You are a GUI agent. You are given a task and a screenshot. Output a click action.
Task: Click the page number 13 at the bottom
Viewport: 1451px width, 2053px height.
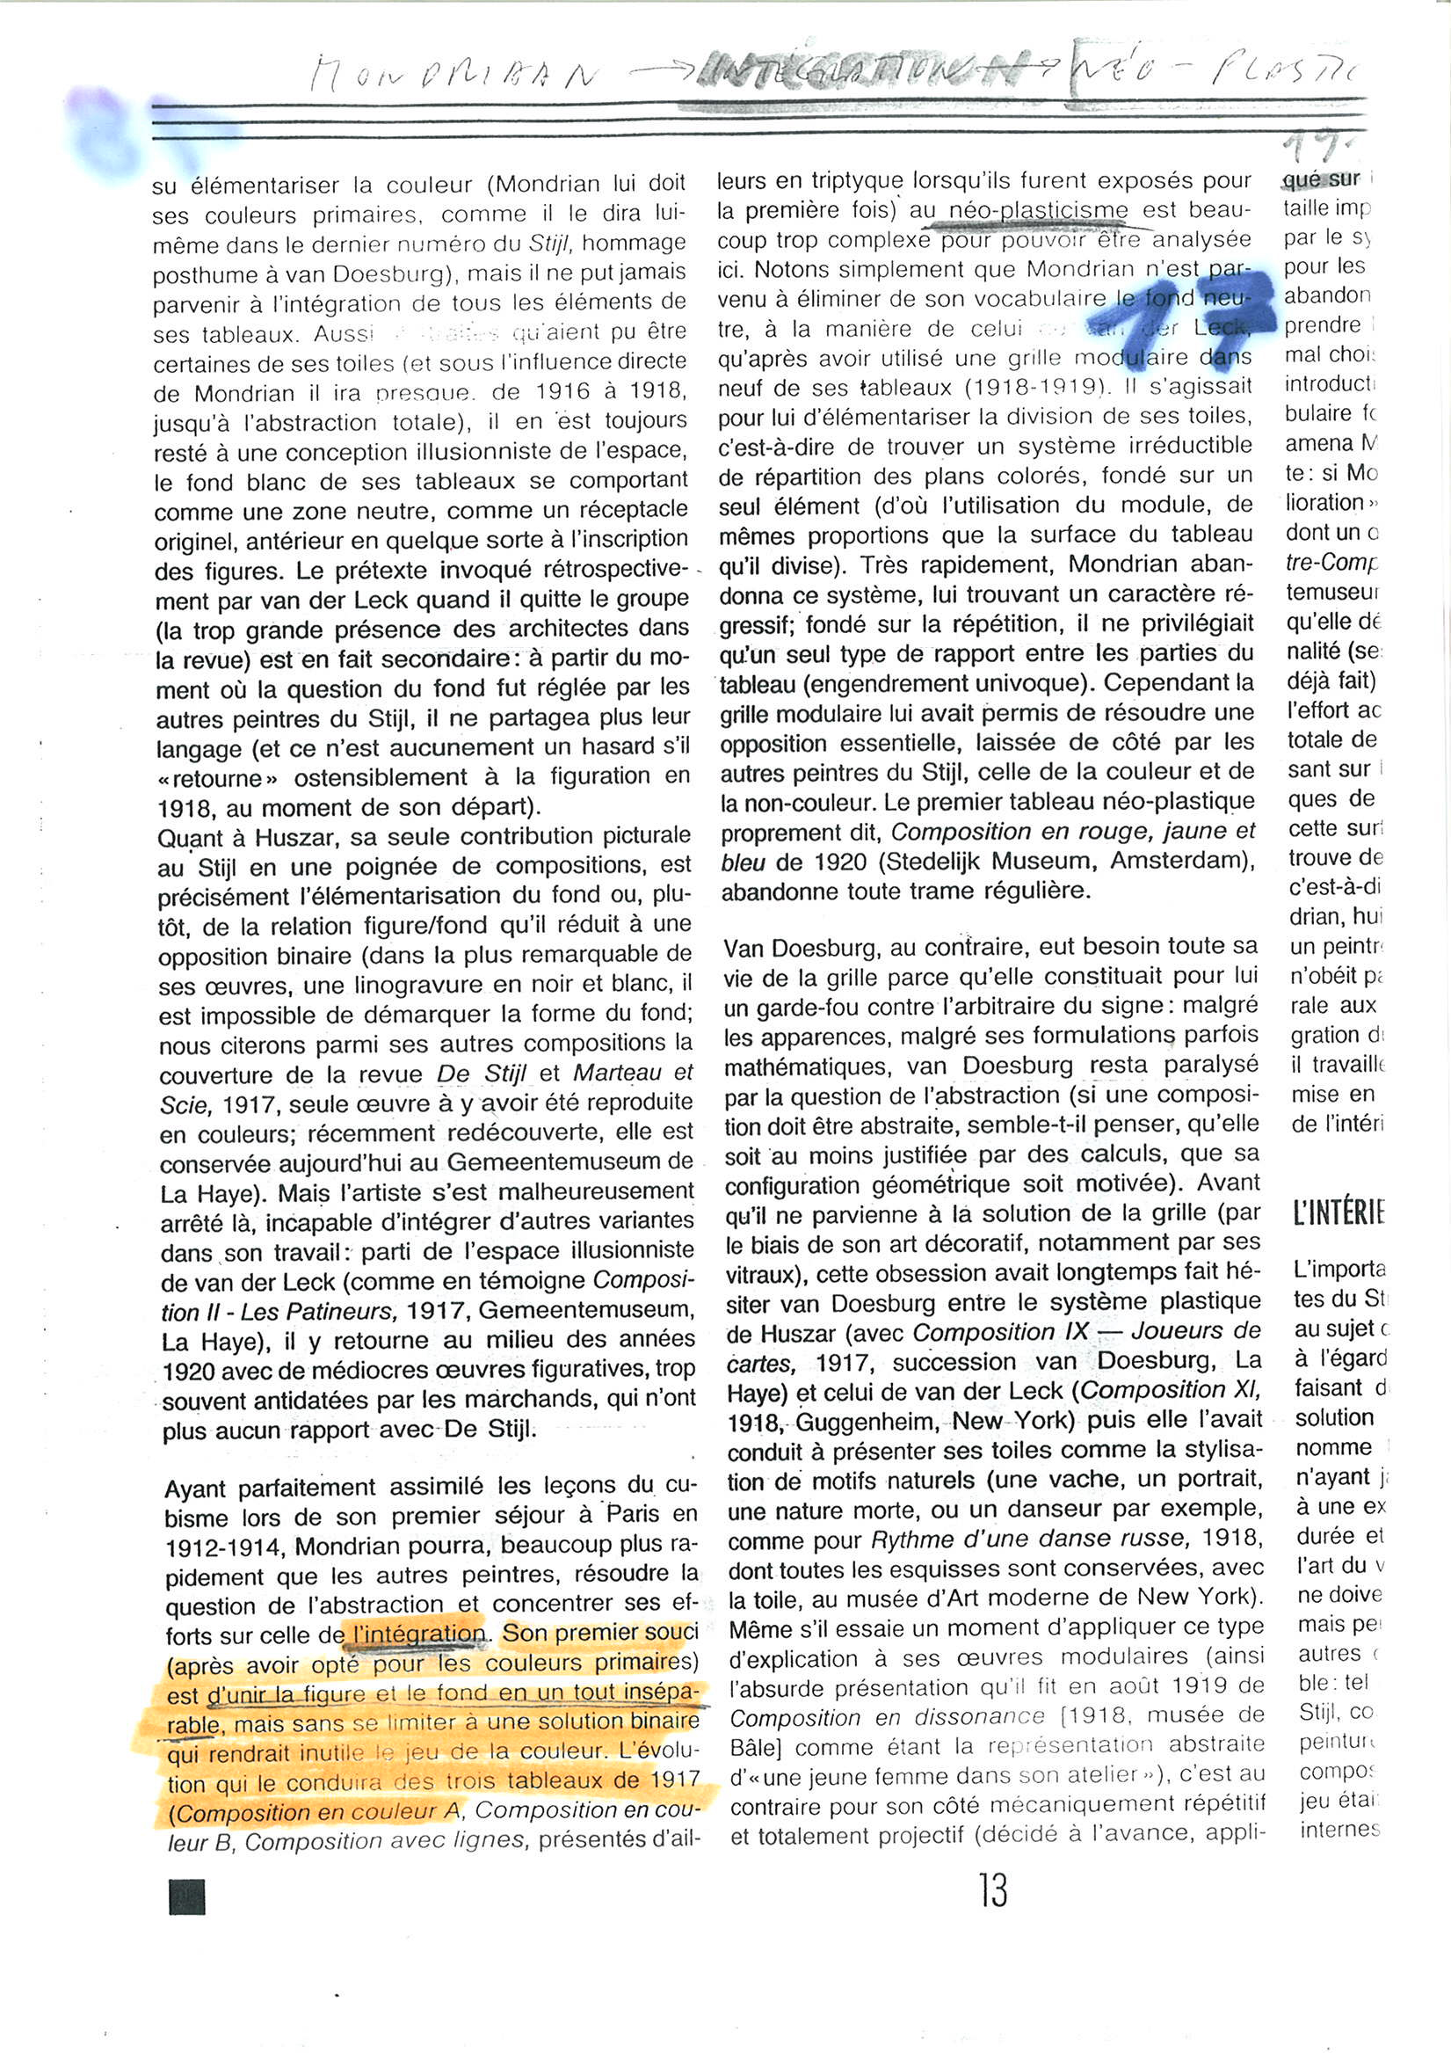click(993, 1890)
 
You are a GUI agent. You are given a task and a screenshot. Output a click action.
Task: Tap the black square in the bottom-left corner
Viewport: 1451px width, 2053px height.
click(187, 1897)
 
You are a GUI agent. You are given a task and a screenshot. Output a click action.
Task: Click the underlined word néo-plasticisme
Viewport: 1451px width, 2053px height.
click(1038, 211)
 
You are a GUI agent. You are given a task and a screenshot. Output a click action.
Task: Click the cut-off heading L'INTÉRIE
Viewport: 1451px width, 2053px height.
click(1338, 1214)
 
